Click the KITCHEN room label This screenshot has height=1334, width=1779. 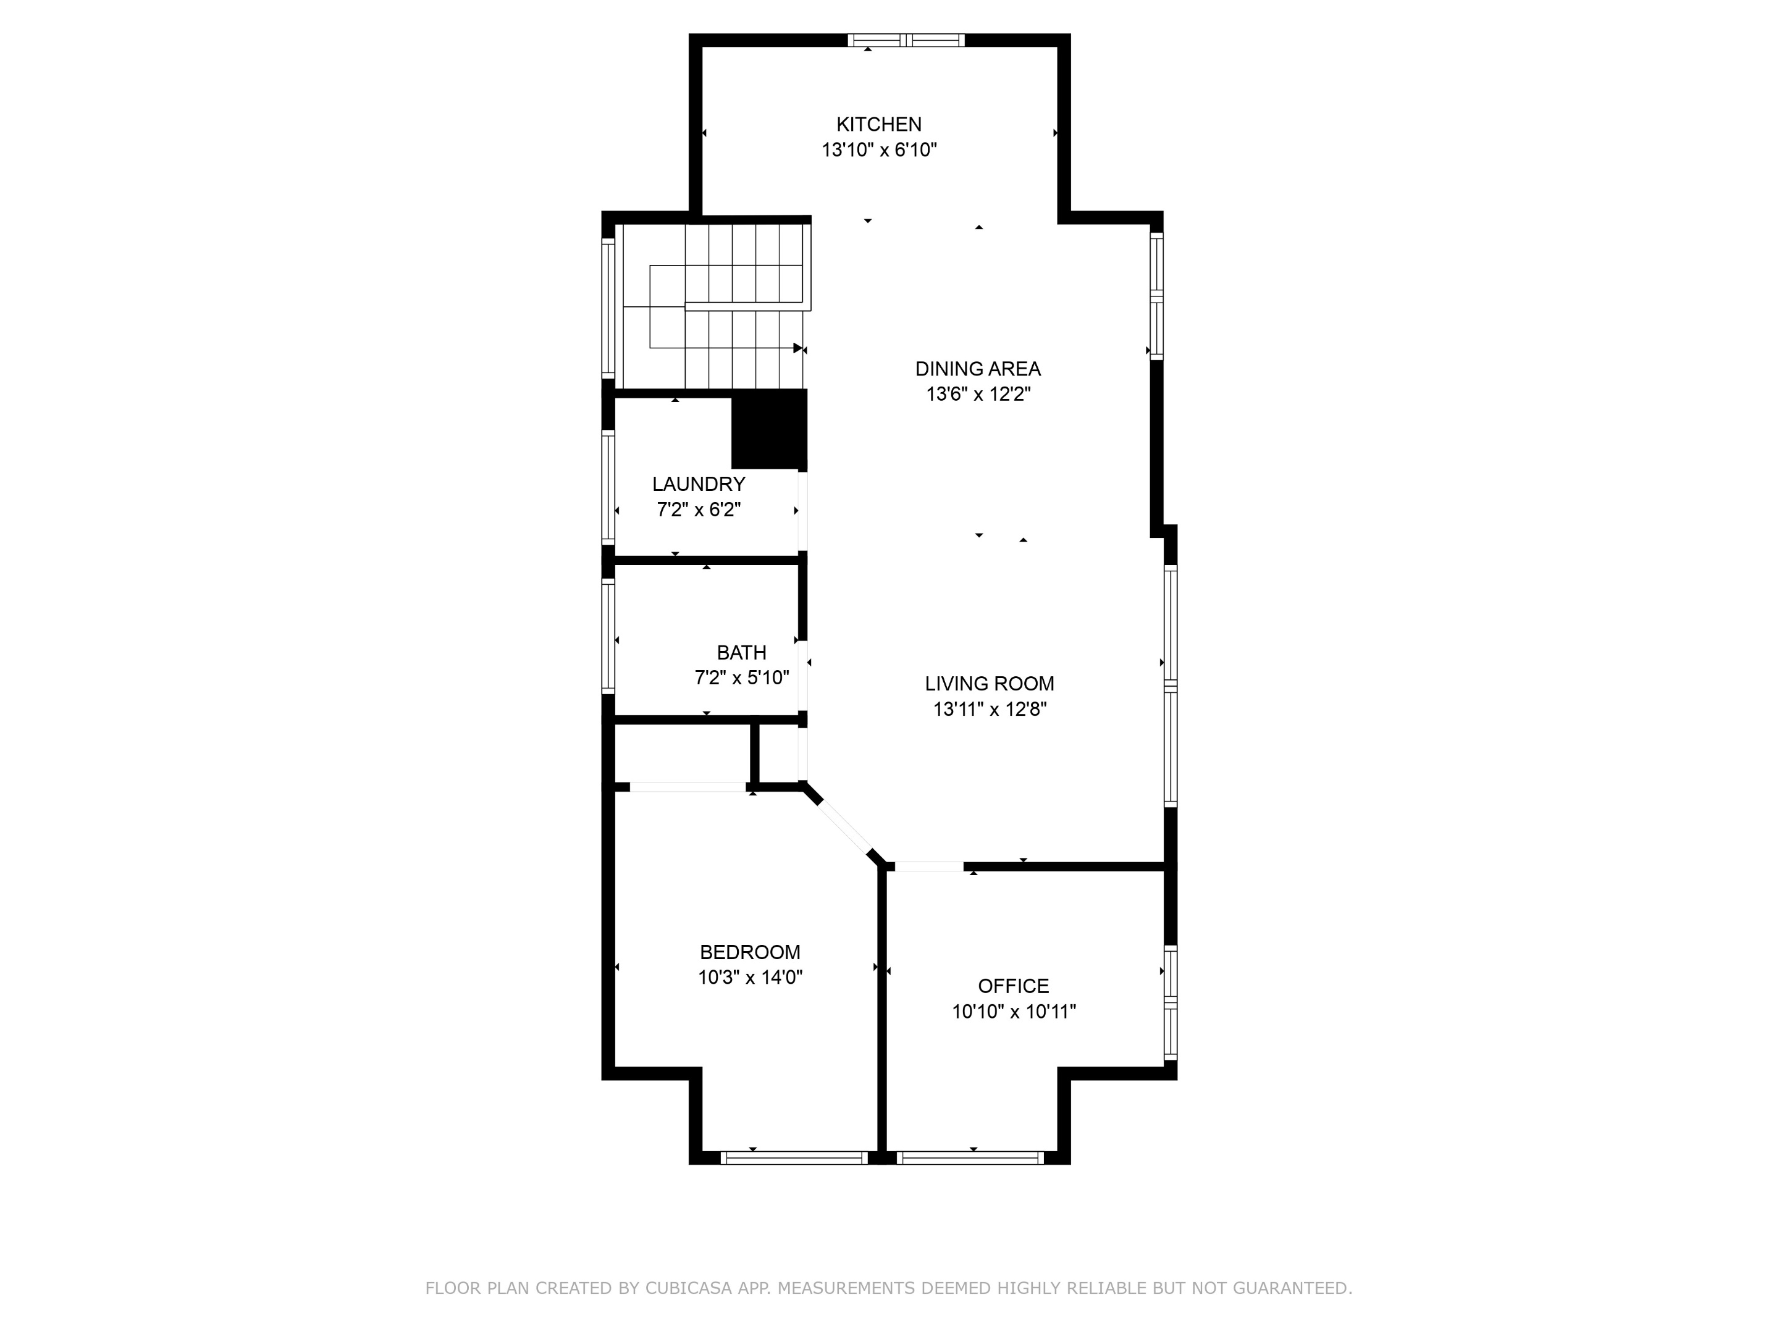click(x=878, y=125)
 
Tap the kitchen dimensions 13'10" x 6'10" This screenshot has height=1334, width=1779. click(x=878, y=150)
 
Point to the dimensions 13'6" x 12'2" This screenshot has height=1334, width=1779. click(x=977, y=395)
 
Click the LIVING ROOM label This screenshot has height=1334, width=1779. click(x=988, y=684)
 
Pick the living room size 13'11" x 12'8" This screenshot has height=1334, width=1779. click(x=988, y=709)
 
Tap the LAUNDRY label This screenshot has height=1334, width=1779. click(x=698, y=484)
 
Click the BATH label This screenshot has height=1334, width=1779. click(x=741, y=652)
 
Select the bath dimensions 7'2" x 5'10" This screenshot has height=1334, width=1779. click(x=741, y=678)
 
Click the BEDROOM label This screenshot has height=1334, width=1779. click(x=749, y=952)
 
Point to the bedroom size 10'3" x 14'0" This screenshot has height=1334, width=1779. click(x=749, y=978)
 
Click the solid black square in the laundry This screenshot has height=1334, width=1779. click(x=768, y=429)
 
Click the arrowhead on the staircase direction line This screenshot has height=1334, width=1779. click(x=798, y=348)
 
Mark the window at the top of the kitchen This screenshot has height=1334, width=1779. click(x=906, y=40)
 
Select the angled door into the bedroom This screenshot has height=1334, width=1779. click(x=844, y=828)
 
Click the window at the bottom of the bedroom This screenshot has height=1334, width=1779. click(x=794, y=1158)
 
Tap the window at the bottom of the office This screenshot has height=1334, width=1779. click(x=970, y=1158)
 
